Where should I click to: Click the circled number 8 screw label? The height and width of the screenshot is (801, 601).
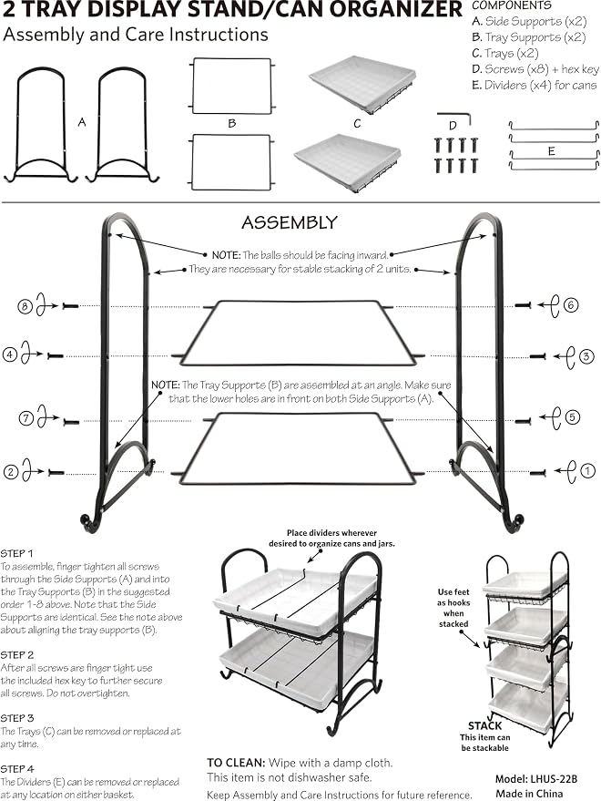tap(25, 306)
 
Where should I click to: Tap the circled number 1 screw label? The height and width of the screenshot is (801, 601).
tap(587, 470)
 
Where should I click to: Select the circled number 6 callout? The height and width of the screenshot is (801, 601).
tap(571, 305)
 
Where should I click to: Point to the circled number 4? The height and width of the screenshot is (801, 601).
tap(10, 354)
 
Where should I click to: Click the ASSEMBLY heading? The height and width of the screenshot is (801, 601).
tap(290, 222)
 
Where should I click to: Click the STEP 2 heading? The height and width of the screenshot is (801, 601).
tap(17, 655)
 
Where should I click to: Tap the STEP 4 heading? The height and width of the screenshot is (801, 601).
tap(17, 769)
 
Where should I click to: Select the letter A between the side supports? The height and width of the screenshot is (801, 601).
tap(82, 122)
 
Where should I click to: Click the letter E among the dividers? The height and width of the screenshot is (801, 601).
tap(552, 151)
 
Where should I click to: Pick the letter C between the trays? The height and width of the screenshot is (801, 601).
tap(357, 124)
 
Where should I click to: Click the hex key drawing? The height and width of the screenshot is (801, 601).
tap(453, 118)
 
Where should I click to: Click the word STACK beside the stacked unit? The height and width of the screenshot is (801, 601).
tap(484, 725)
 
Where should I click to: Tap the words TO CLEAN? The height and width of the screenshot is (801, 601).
tap(236, 763)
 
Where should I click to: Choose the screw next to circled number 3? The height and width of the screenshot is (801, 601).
tap(537, 356)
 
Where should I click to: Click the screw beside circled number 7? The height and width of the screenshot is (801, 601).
tap(71, 422)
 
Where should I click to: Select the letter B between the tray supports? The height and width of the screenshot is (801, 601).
tap(232, 124)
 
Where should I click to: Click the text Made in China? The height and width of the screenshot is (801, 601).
tap(529, 794)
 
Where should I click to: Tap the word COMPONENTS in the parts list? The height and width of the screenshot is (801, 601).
tap(512, 5)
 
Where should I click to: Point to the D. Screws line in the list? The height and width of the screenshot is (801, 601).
tap(535, 69)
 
